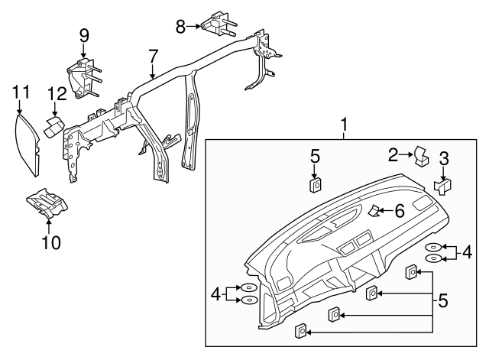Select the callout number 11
[x=21, y=92]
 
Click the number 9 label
[x=83, y=34]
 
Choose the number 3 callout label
[x=444, y=159]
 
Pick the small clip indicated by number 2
[x=420, y=156]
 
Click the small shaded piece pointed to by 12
[x=55, y=125]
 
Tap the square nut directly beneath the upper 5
[x=314, y=185]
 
